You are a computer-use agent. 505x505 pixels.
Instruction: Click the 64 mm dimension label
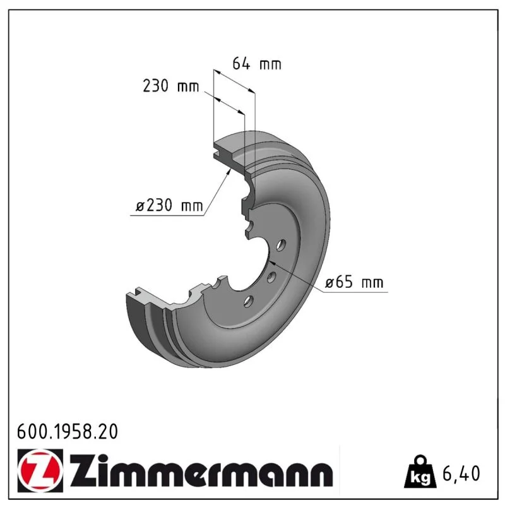[x=257, y=64]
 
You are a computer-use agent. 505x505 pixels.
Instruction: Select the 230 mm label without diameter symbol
[x=170, y=86]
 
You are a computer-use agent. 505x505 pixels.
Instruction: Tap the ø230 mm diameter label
[x=169, y=205]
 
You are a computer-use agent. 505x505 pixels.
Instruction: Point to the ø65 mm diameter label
[x=354, y=282]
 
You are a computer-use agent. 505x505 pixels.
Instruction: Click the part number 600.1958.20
[x=68, y=432]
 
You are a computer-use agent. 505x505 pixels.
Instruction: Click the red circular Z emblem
[x=40, y=471]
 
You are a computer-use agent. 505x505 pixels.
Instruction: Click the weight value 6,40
[x=461, y=473]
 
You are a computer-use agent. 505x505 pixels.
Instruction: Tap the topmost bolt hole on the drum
[x=281, y=245]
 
